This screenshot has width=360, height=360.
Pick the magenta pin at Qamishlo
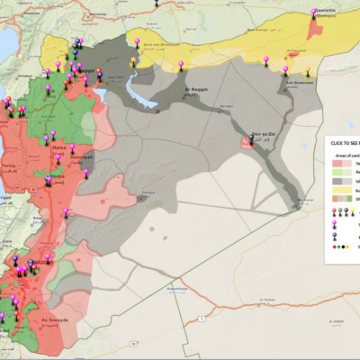[x=314, y=13]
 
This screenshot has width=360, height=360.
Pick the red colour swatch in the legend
[x=338, y=164]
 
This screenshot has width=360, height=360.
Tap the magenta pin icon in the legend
[x=336, y=212]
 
